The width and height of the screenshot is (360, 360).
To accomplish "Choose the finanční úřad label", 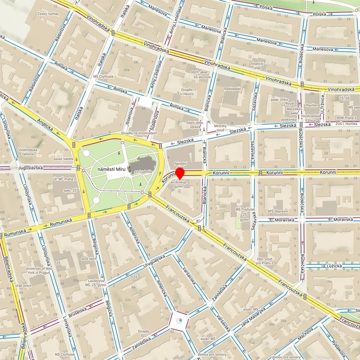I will pyautogui.click(x=257, y=66).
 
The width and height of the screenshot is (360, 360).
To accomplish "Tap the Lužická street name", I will pyautogui.click(x=334, y=266).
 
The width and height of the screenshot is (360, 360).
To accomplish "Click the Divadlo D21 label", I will pyautogui.click(x=144, y=334).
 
